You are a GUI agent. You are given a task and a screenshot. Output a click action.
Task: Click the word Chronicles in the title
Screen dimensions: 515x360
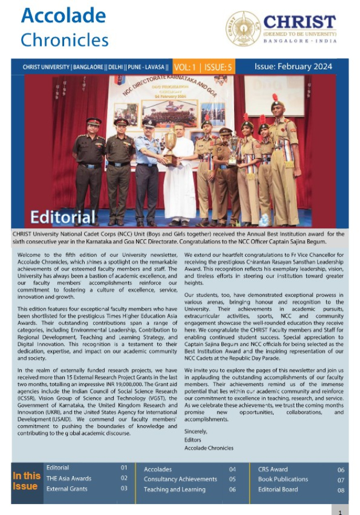[x=64, y=40]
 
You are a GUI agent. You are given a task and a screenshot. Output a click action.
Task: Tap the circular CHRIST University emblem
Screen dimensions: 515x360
[x=243, y=29]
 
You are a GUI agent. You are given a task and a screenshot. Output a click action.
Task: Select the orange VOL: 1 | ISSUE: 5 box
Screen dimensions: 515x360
[x=203, y=67]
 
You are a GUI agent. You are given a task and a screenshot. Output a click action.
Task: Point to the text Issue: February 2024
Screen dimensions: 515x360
[x=293, y=66]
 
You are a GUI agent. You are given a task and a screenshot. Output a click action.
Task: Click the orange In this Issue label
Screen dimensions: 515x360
[x=26, y=481]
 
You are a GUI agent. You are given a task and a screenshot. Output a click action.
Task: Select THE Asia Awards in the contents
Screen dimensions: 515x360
[x=69, y=478]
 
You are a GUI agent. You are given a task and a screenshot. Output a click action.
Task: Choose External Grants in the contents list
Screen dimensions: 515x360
[x=68, y=489]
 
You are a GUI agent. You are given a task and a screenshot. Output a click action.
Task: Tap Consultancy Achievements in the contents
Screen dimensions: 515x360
[x=181, y=479]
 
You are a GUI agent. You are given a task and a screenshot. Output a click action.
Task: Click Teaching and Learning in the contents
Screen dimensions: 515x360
[x=175, y=489]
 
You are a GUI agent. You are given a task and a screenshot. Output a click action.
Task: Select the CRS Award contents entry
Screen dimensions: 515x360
[x=272, y=469]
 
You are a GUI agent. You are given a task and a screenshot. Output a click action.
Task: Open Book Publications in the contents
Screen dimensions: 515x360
[x=283, y=479]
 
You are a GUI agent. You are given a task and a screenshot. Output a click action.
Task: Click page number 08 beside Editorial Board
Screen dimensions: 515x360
[x=341, y=490]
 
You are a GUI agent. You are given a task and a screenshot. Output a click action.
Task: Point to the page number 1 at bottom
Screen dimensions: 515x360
[x=340, y=511]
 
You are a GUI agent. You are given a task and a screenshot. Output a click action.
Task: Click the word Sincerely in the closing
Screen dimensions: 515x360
[x=196, y=431]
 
